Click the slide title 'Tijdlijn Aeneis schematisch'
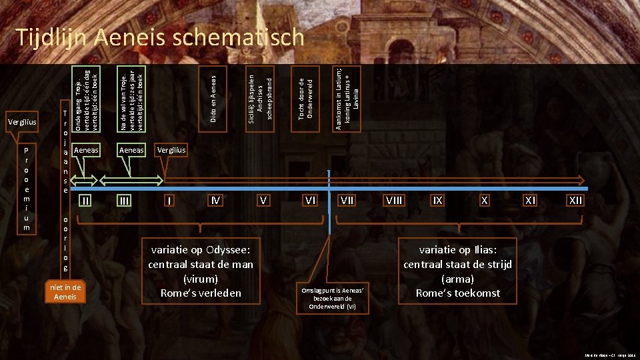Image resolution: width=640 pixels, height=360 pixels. (x=160, y=37)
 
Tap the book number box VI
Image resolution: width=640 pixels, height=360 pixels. (x=310, y=200)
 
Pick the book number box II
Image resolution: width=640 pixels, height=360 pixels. (x=85, y=200)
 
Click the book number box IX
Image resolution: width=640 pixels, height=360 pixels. (x=437, y=200)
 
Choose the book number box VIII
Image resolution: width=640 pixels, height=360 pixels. (x=395, y=200)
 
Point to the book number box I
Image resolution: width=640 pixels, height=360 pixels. (x=170, y=200)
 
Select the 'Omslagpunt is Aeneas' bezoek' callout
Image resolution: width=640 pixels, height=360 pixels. (x=333, y=297)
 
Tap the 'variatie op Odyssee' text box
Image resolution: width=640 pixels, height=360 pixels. (x=201, y=271)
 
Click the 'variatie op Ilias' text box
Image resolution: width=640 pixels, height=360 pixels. (x=457, y=271)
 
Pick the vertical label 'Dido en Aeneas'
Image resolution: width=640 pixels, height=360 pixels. (x=213, y=99)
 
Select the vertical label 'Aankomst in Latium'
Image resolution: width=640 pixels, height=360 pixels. (x=347, y=99)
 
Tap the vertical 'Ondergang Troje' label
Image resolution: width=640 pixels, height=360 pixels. (x=85, y=98)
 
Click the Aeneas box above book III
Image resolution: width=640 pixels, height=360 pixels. (x=131, y=151)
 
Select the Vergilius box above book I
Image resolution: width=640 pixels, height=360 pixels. (x=172, y=151)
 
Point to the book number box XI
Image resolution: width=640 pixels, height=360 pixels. (x=530, y=200)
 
